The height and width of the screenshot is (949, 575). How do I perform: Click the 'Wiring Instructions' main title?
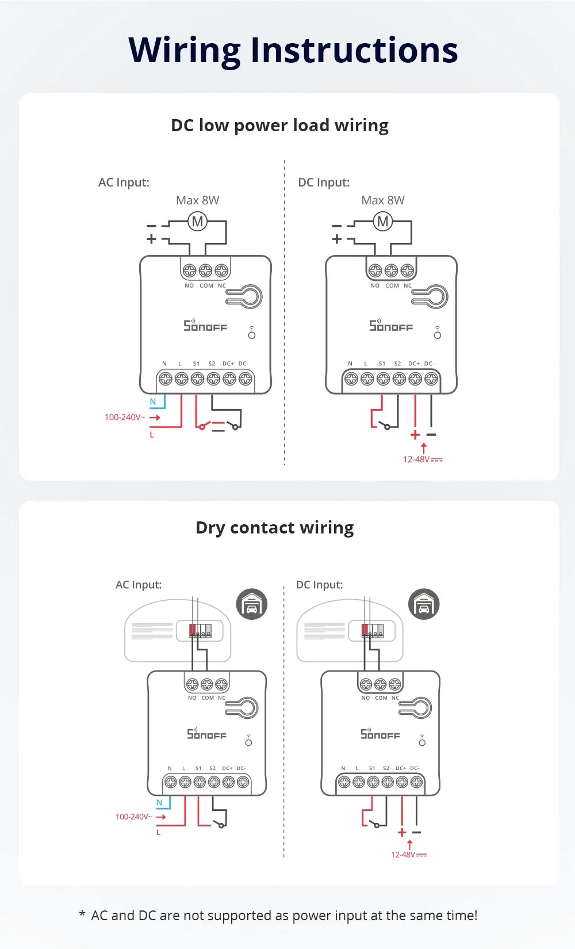click(293, 50)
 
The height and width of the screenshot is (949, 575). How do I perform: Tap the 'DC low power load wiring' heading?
click(279, 125)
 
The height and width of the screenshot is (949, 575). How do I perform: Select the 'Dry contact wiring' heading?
click(274, 528)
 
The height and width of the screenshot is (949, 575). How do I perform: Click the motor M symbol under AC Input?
click(197, 221)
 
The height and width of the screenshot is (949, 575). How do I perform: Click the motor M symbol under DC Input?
click(383, 221)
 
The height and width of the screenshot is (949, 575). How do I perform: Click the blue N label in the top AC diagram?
click(153, 402)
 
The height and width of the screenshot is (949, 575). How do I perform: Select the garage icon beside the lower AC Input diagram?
click(252, 604)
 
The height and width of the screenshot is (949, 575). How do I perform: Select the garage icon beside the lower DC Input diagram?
click(424, 604)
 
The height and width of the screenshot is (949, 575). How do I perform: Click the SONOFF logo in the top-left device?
click(205, 326)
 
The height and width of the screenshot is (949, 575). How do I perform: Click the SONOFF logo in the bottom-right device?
click(380, 734)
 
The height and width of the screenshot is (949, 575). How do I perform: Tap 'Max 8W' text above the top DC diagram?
click(383, 200)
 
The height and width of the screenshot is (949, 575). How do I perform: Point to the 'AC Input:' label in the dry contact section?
click(139, 585)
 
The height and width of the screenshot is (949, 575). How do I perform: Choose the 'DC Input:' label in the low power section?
click(324, 182)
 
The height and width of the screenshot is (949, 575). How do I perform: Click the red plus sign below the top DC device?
click(415, 435)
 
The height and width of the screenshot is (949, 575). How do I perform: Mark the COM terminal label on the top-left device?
click(206, 285)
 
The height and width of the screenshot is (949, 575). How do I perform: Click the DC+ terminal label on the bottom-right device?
click(401, 768)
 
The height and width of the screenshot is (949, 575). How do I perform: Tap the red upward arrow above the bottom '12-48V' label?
click(409, 844)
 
